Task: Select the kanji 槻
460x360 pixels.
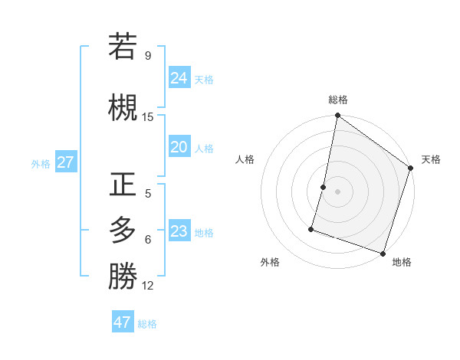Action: (x=123, y=106)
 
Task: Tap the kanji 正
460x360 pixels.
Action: (x=123, y=185)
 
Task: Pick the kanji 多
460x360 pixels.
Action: (x=123, y=230)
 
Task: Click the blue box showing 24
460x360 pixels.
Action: (x=179, y=77)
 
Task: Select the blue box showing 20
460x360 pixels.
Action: (x=179, y=148)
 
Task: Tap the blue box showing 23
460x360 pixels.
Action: (x=179, y=231)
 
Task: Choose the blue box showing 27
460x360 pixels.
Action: (x=65, y=162)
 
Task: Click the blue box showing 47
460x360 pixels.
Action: (x=123, y=322)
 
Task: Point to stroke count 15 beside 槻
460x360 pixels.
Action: (x=148, y=117)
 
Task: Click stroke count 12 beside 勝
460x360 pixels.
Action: (x=148, y=286)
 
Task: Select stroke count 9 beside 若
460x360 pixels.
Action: (x=148, y=55)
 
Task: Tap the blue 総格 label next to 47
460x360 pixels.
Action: (x=147, y=324)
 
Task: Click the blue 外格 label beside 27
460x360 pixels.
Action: (x=41, y=163)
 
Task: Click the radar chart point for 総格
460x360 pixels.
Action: (x=337, y=116)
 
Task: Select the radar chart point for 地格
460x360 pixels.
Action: (x=383, y=253)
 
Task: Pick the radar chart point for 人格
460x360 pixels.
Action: (x=324, y=187)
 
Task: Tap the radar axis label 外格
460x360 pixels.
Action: (x=270, y=262)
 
